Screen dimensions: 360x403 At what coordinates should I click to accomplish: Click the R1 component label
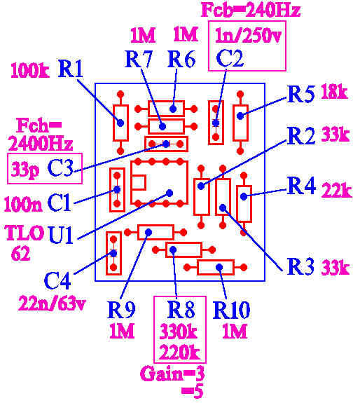(71, 69)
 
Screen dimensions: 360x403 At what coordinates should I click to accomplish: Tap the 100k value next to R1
(30, 71)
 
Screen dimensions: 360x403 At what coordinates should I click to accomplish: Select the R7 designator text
(139, 59)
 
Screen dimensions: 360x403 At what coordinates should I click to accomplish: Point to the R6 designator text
(181, 59)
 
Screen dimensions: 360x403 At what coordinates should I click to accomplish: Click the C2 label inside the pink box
(230, 59)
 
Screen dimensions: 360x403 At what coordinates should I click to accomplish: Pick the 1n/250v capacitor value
(248, 36)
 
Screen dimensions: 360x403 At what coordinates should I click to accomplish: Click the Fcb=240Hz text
(251, 11)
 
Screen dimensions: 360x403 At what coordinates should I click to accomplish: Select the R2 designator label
(301, 135)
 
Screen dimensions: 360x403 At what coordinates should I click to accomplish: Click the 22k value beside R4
(336, 190)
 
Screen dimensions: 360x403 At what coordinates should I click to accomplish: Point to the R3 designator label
(300, 266)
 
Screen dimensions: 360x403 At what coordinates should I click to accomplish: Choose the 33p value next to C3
(25, 170)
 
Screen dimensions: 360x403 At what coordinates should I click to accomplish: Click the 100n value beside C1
(23, 205)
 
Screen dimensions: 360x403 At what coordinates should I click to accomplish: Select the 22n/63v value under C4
(51, 303)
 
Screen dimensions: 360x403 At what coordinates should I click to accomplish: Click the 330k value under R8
(178, 332)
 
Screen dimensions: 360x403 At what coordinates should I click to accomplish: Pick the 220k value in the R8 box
(179, 352)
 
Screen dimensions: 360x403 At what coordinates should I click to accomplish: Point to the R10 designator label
(231, 310)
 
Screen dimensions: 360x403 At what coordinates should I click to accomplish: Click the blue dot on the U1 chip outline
(169, 193)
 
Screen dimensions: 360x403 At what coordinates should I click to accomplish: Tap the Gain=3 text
(172, 374)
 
